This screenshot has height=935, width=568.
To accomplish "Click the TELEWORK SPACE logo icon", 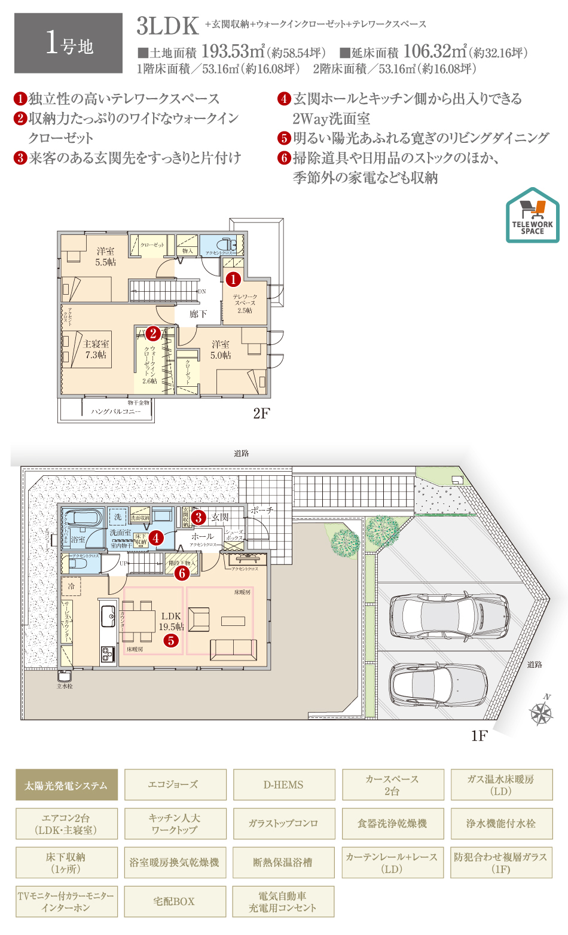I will tap(532, 216).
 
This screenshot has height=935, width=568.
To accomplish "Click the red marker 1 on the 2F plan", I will tap(233, 279).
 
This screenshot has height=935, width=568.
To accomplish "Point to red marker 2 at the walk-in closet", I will tap(153, 334).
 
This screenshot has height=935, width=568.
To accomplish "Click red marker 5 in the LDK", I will tap(171, 641).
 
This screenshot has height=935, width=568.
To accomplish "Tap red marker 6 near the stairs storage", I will tap(182, 573).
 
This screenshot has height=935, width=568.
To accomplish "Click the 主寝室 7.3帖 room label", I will tap(96, 349).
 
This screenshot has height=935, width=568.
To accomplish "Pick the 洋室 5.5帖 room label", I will tap(106, 256).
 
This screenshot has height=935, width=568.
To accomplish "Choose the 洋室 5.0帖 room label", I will tap(220, 350).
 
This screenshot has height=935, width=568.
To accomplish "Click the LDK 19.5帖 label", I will tap(171, 621).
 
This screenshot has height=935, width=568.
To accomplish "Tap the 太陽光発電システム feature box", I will tap(66, 785).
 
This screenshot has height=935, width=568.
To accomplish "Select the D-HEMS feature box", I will tap(283, 785).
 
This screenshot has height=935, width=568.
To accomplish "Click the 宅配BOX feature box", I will tap(175, 902).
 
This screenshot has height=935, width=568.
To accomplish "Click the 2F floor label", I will tap(261, 413).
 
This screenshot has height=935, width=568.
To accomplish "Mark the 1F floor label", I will tap(479, 735).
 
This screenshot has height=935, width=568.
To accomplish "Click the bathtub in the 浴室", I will tap(84, 517).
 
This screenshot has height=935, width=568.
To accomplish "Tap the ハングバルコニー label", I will tap(116, 411).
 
